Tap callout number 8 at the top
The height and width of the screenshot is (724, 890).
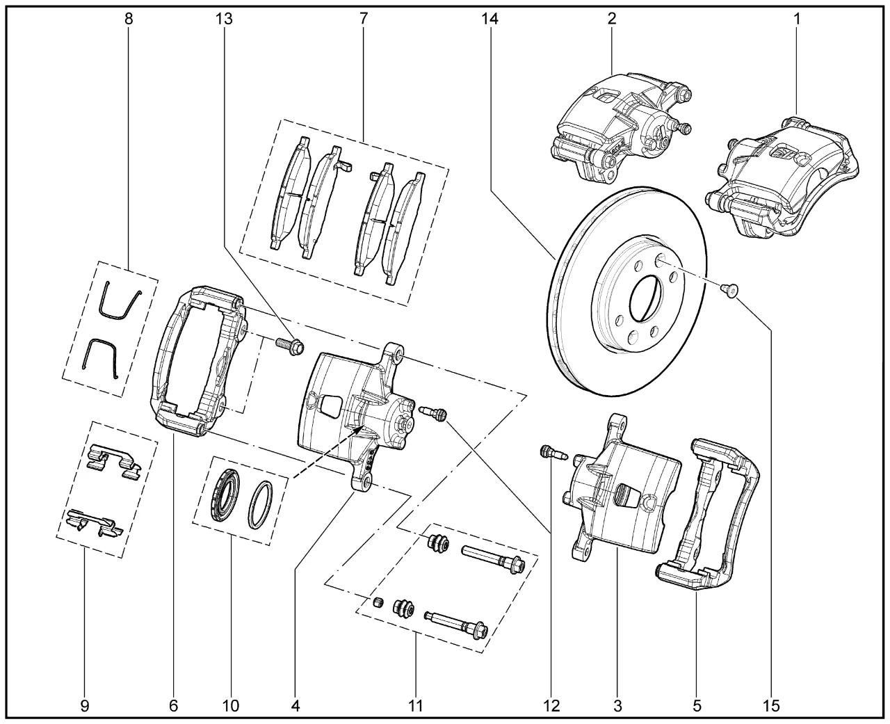tap(128, 19)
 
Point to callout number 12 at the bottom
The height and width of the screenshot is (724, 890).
tap(551, 707)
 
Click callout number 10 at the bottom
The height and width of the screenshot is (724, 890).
tap(231, 707)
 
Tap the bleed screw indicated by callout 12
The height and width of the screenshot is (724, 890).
tap(553, 453)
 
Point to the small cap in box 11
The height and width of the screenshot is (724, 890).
tap(380, 602)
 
